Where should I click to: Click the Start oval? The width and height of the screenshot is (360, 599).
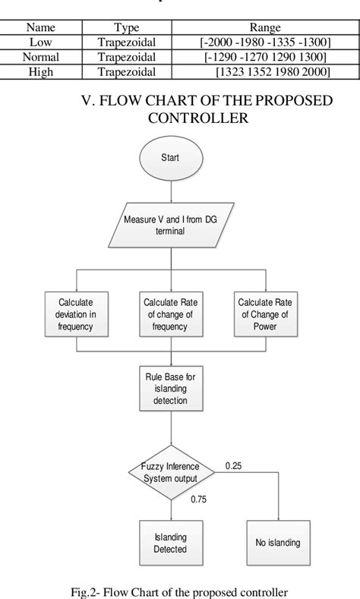tap(169, 160)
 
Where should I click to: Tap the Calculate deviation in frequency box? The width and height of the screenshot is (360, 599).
tap(77, 314)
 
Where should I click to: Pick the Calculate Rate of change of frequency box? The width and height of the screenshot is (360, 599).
tap(169, 314)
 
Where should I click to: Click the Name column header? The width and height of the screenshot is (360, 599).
tap(40, 28)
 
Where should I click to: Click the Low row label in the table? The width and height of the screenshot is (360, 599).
tap(40, 43)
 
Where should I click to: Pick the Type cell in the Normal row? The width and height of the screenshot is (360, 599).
tap(126, 57)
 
